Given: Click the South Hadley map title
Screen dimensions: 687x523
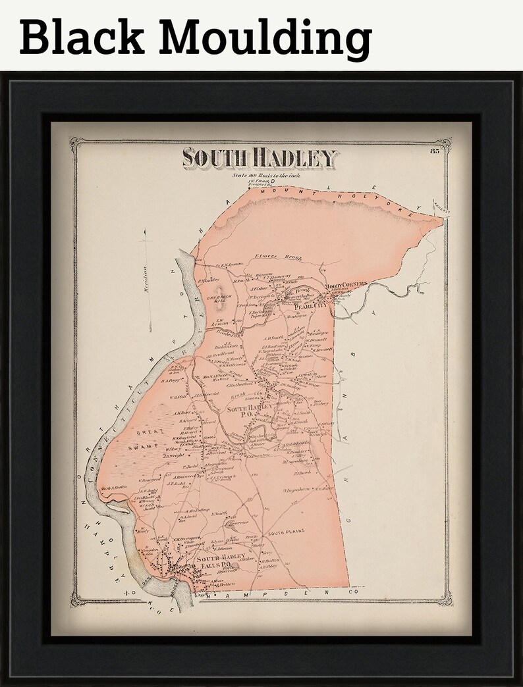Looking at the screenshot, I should click(x=260, y=158).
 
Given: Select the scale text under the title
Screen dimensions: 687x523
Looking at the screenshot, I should click(x=261, y=175).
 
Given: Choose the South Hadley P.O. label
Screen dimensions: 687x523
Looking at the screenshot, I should click(x=246, y=412).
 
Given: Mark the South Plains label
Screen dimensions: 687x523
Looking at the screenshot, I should click(x=283, y=533).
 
